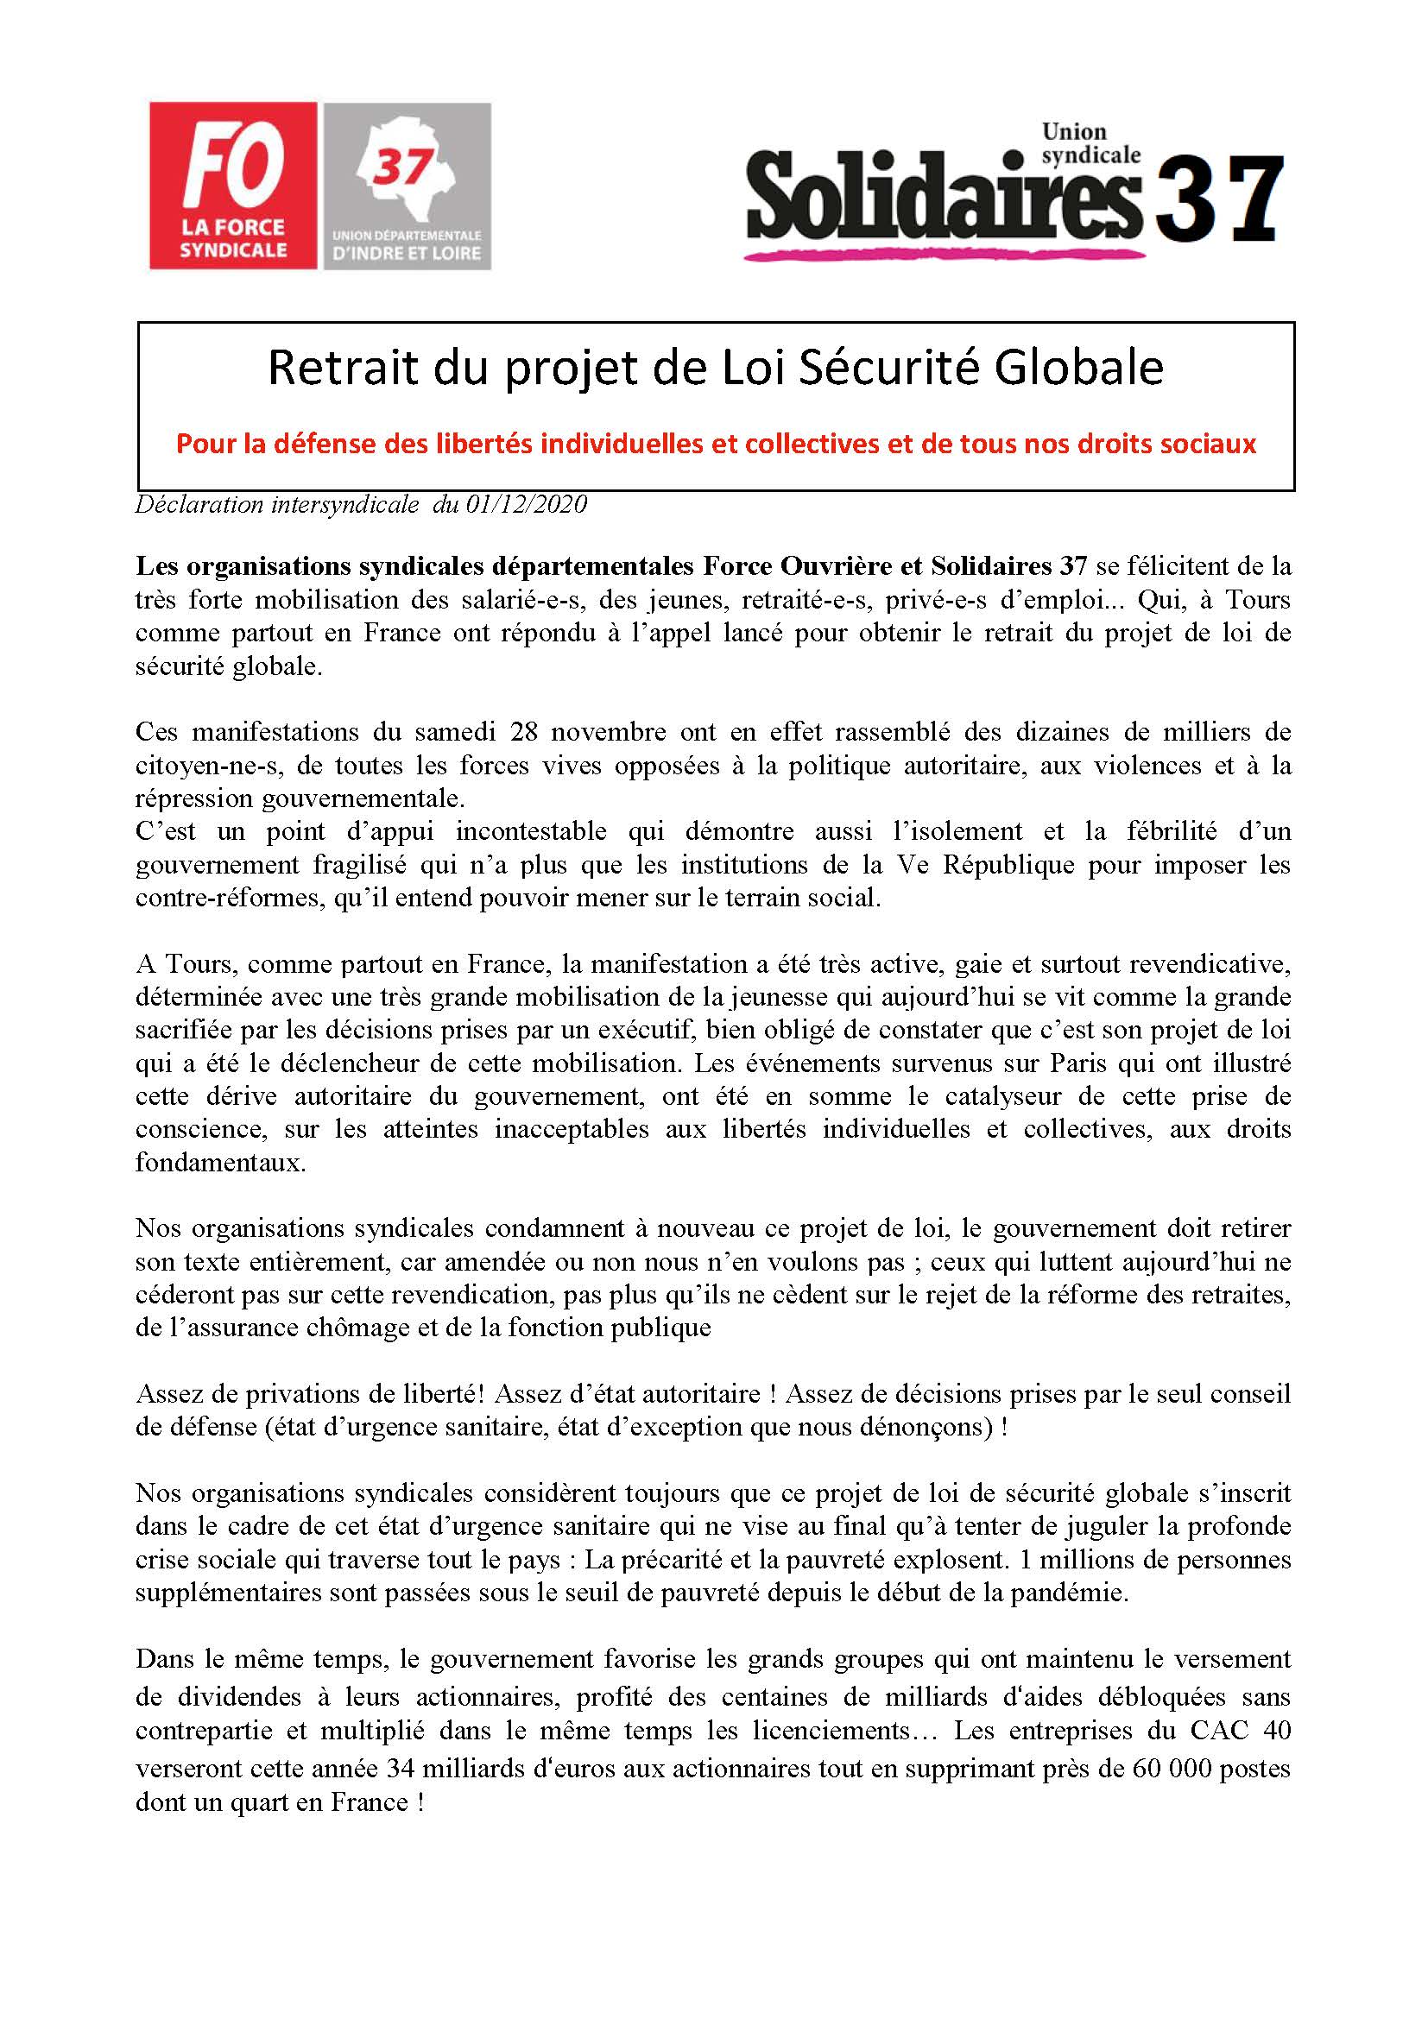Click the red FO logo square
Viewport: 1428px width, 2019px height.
pyautogui.click(x=232, y=185)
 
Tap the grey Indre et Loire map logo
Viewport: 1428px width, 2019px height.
pyautogui.click(x=408, y=185)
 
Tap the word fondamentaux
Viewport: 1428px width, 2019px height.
pyautogui.click(x=220, y=1163)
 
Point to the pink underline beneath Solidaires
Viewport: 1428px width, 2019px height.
pyautogui.click(x=945, y=253)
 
